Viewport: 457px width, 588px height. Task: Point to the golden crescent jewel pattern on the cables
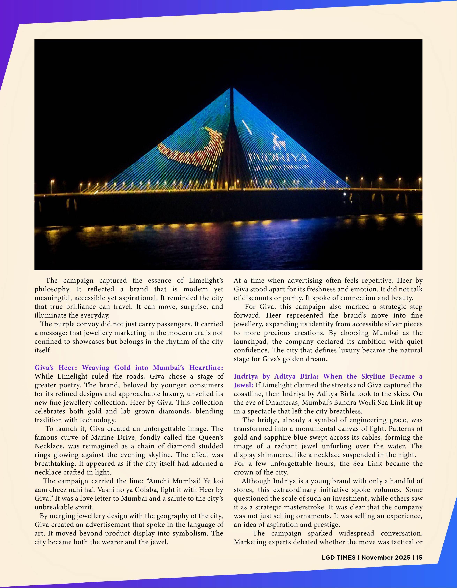tap(188, 147)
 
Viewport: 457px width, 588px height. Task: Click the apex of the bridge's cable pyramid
tap(231, 88)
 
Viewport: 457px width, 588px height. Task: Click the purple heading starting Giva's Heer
tap(129, 368)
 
